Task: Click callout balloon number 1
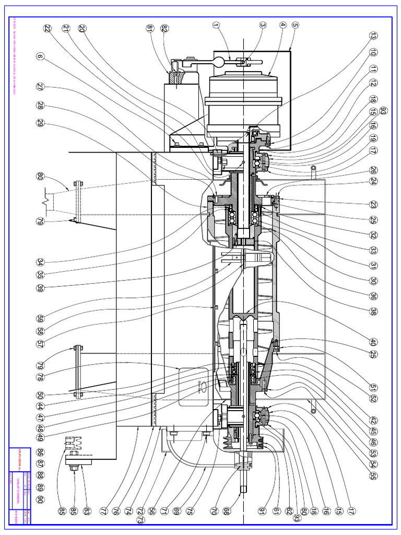(216, 24)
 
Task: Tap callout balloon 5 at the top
(295, 24)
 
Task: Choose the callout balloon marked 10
(373, 52)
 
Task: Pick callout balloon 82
(164, 28)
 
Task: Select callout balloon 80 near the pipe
(40, 176)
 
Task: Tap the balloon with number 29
(40, 123)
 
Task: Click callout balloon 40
(373, 342)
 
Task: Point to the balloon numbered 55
(373, 476)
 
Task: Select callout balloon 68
(225, 510)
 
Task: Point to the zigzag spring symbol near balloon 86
(72, 444)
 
